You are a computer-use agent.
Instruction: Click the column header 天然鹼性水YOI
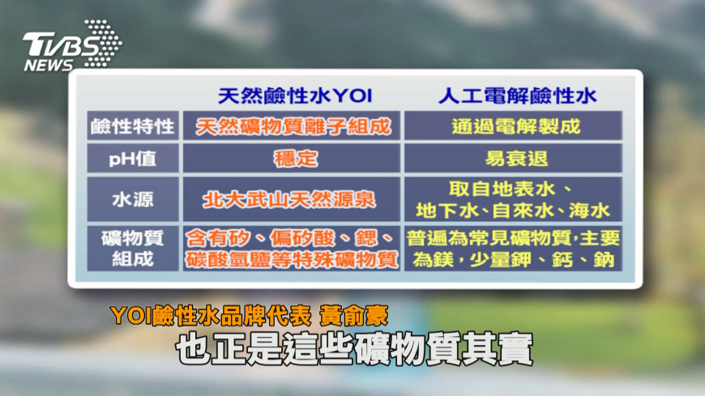point(295,96)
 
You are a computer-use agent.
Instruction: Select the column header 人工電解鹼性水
point(517,96)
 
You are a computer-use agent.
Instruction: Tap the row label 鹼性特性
point(133,126)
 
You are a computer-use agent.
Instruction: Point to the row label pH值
point(133,159)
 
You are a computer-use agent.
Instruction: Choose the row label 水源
point(133,199)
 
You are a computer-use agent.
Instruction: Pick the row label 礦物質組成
point(133,249)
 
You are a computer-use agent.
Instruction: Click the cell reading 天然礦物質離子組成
point(293,126)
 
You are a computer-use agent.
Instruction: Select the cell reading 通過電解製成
point(515,126)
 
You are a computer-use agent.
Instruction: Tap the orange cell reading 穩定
point(296,159)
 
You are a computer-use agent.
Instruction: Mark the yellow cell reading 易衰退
point(516,159)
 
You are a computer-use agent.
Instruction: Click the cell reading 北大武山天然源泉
point(288,199)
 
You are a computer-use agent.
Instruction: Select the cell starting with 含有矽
point(292,249)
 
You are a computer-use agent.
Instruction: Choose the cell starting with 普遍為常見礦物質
point(513,249)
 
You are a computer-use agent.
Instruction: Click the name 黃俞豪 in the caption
point(354,316)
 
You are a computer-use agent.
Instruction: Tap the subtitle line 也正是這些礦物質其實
point(354,349)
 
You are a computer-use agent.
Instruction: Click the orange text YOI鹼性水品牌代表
point(211,316)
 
